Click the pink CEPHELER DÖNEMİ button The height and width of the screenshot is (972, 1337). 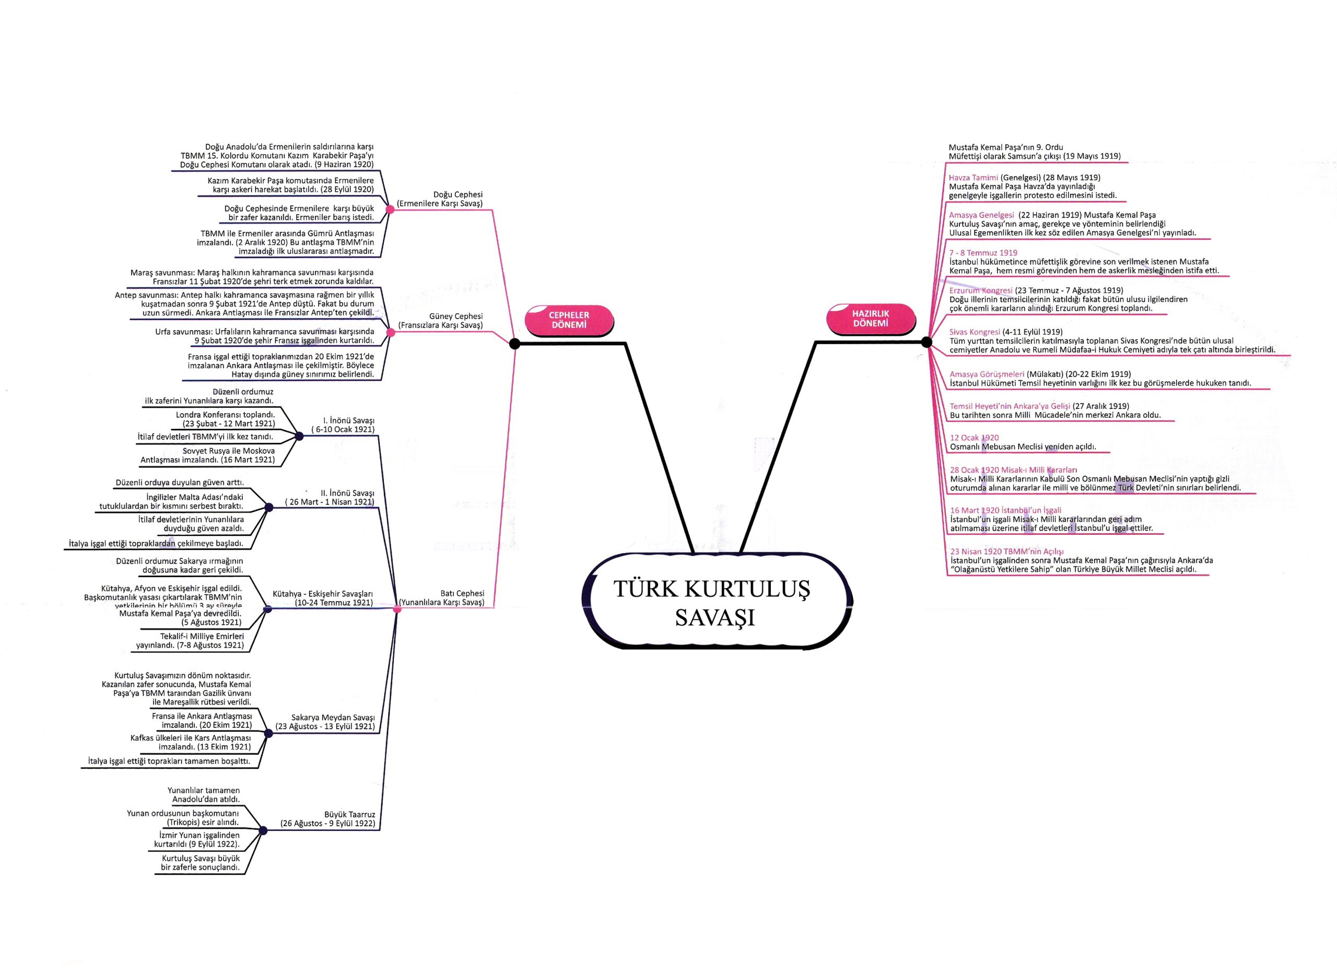[x=569, y=320]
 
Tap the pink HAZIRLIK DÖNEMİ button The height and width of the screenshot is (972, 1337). [x=871, y=318]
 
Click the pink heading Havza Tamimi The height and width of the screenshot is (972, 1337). [x=974, y=178]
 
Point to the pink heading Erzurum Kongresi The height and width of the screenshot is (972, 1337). [x=981, y=290]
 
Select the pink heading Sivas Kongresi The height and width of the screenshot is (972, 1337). [x=975, y=332]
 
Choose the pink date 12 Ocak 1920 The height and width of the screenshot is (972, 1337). [x=974, y=437]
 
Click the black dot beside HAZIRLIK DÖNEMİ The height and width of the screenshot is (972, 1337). [x=926, y=342]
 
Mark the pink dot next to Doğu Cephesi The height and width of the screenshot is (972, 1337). [x=390, y=209]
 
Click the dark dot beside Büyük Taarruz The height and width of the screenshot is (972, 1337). [x=263, y=830]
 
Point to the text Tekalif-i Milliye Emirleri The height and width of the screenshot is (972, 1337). [x=202, y=636]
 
